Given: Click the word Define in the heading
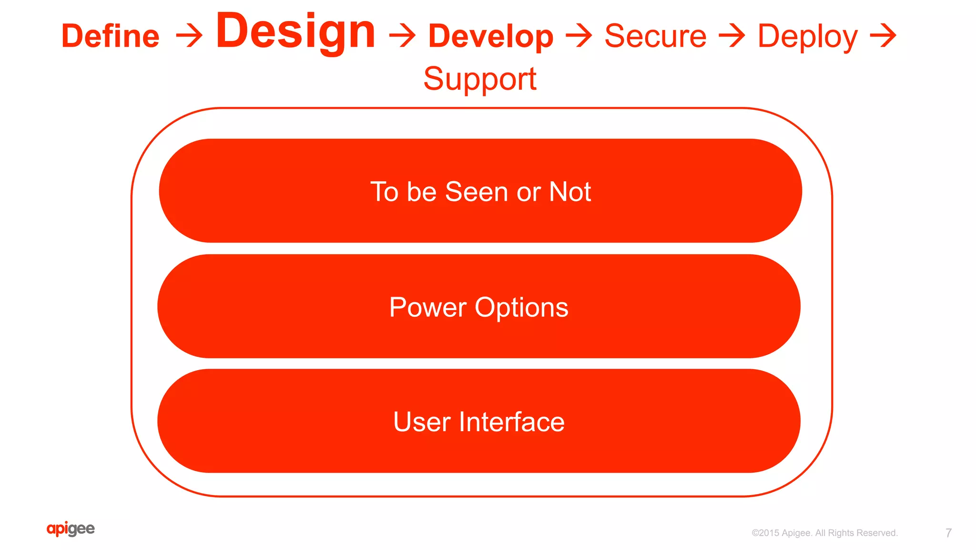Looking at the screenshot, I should point(111,36).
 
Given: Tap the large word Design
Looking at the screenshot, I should point(295,31).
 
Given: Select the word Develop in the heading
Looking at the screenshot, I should point(491,37).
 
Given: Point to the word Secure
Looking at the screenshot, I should point(655,36).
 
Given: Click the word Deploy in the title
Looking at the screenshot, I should point(807,37).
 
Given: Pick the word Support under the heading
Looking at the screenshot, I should point(480,79).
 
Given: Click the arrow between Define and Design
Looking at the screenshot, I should point(189,37).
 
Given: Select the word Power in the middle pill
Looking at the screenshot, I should point(427,307).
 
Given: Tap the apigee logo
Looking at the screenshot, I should point(71,529).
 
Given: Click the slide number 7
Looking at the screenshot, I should point(948,533).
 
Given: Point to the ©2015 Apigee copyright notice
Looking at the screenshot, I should point(824,533).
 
